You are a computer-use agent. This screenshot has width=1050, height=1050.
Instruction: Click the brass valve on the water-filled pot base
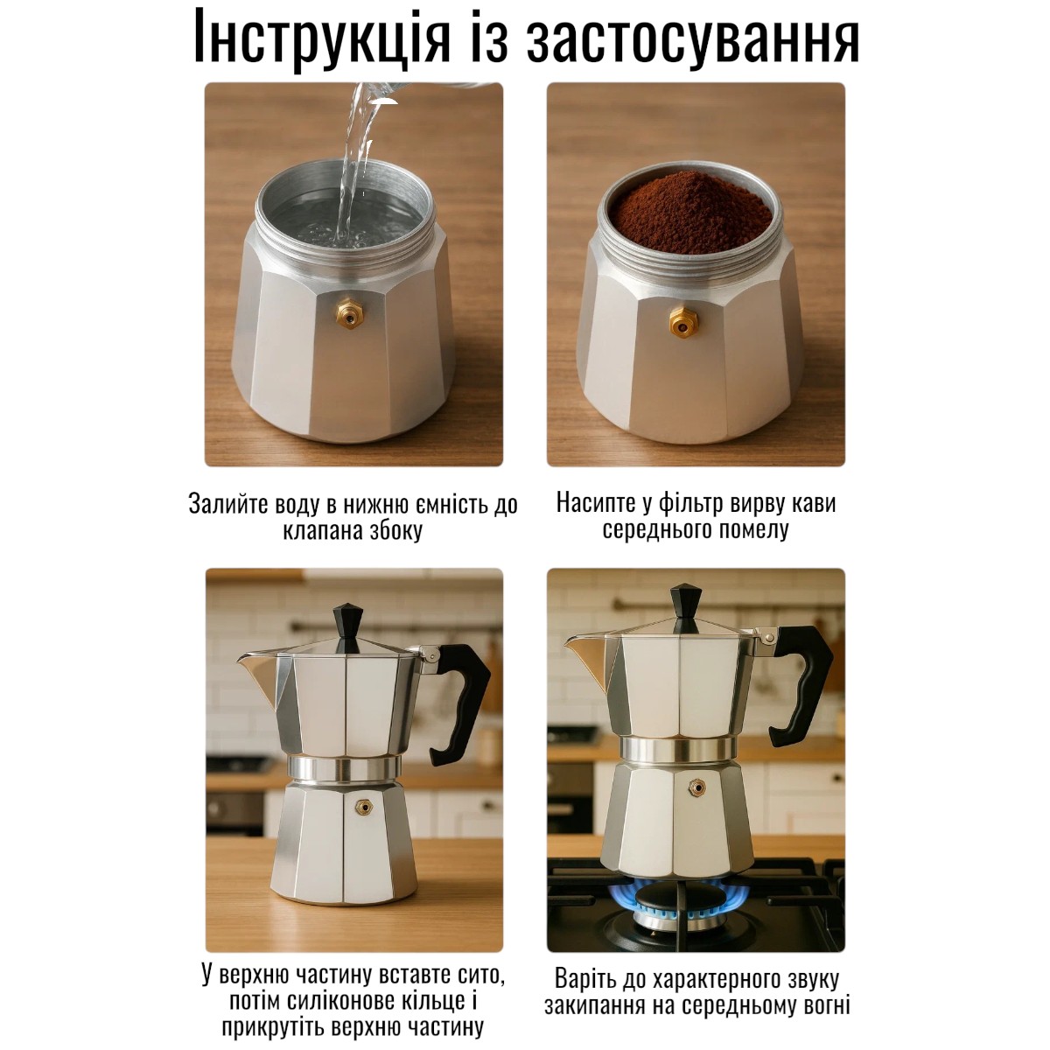[x=350, y=312]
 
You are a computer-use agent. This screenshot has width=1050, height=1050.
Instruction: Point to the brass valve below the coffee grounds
[x=683, y=321]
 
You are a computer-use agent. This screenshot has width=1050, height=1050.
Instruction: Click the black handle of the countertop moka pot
[x=459, y=704]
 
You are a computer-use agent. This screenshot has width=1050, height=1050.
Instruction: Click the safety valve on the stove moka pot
[x=696, y=787]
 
